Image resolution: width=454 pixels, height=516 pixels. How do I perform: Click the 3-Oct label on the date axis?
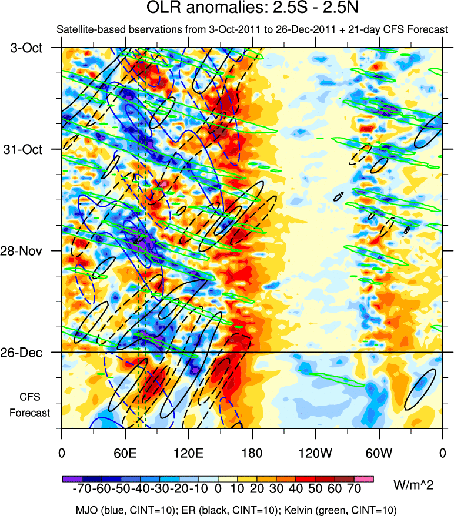point(27,48)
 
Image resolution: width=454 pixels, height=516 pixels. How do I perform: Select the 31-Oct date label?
point(25,149)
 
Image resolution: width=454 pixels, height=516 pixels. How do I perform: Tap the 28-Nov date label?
point(25,251)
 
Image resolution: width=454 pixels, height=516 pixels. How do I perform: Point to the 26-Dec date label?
point(25,353)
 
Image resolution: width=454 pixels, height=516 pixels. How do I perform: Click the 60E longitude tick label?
point(125,453)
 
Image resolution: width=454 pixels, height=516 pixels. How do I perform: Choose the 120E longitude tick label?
point(188,453)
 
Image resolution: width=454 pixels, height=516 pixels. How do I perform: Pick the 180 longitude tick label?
point(252,453)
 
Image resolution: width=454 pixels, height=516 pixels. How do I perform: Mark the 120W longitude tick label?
point(316,453)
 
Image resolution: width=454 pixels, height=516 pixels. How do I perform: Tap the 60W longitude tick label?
point(379,453)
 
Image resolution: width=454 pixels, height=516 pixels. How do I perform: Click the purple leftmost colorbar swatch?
point(71,479)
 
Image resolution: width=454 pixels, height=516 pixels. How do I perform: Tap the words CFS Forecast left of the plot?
point(29,404)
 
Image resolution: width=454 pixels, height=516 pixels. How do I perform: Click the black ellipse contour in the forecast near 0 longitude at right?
point(420,389)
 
